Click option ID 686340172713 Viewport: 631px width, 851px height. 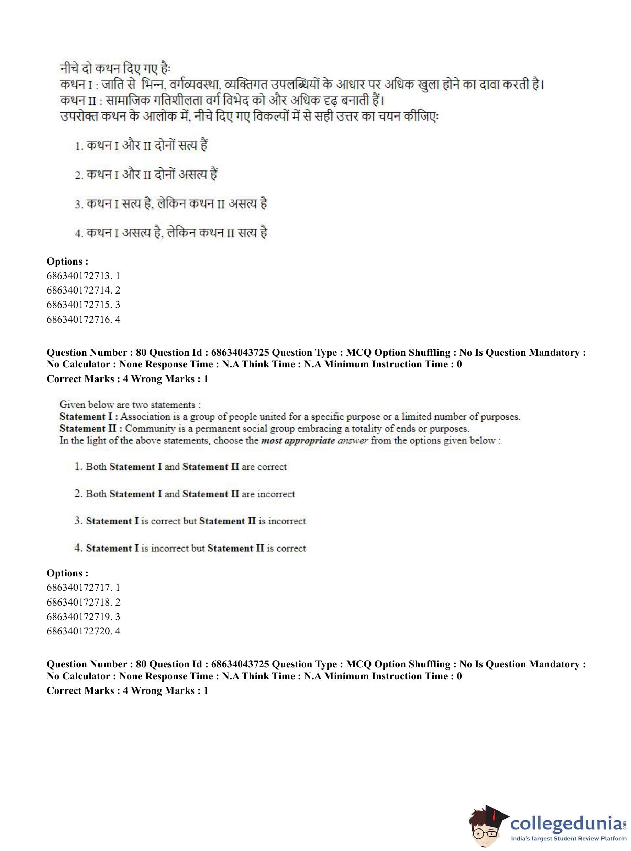(83, 275)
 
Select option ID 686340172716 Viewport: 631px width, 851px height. (83, 319)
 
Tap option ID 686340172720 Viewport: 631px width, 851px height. (83, 631)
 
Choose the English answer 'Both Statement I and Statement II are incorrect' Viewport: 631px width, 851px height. (185, 494)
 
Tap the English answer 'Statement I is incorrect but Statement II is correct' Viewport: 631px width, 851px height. (190, 548)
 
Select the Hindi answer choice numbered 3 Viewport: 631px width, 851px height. (171, 204)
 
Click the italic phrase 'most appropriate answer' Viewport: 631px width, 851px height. (314, 440)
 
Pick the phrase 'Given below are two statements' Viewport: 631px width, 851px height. (130, 405)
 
